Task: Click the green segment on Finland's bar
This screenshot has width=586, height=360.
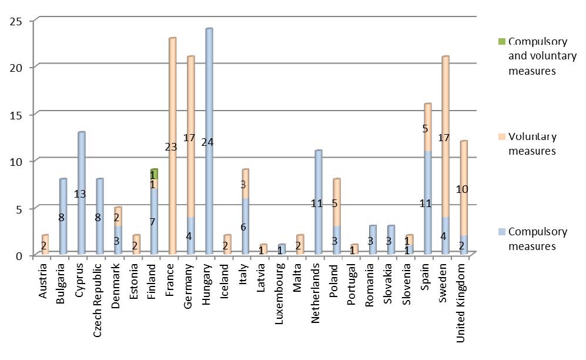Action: [154, 175]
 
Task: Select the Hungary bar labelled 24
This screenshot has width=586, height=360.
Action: [209, 141]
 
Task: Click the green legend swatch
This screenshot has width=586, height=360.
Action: [501, 42]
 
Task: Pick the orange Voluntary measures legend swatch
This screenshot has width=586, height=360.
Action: [501, 137]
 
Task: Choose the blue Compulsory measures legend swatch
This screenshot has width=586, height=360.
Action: [501, 232]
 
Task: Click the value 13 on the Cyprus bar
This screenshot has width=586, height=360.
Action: [81, 194]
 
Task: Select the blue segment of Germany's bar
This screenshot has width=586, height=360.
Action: [190, 236]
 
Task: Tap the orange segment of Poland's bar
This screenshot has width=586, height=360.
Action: [336, 202]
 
